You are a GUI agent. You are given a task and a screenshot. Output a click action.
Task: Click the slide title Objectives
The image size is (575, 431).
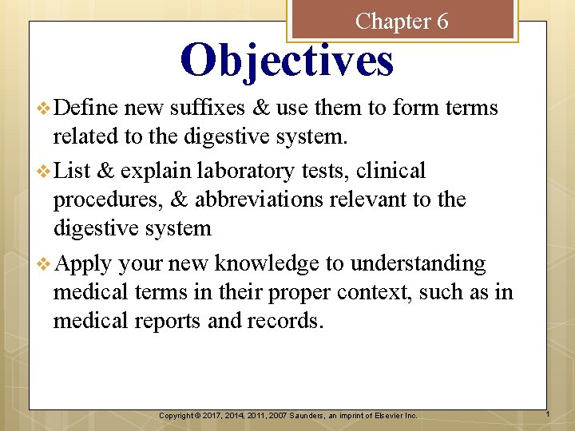click(287, 61)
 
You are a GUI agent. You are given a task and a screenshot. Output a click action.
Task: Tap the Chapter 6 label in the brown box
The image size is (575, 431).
click(402, 21)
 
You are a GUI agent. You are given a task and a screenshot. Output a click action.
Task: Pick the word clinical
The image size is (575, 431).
click(392, 170)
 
